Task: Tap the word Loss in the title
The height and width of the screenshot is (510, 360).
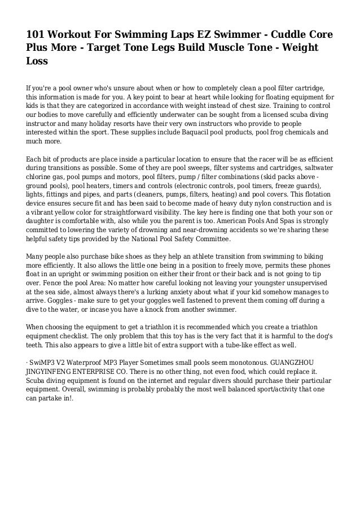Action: coord(37,62)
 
